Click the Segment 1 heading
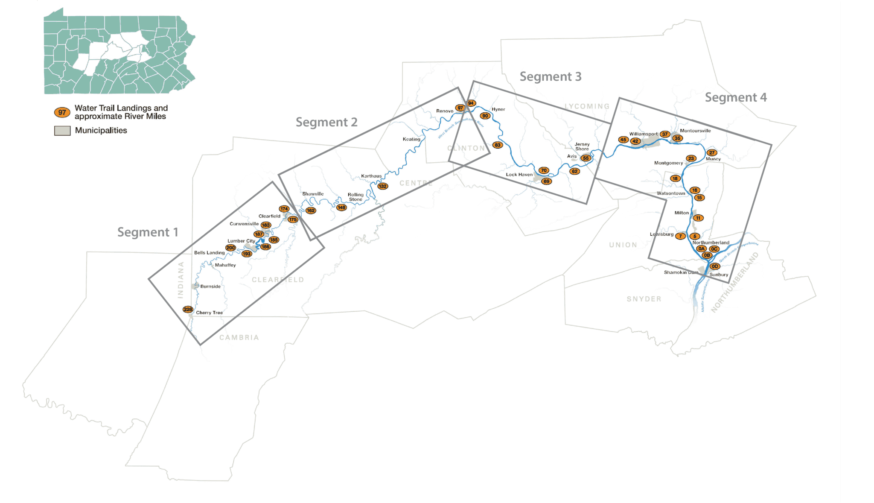[x=148, y=232]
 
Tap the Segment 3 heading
[x=551, y=77]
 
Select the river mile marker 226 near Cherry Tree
[x=188, y=310]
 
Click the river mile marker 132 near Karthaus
[x=382, y=186]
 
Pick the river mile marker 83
[x=498, y=145]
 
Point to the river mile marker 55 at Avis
[x=586, y=158]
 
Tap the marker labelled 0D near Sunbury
[x=715, y=266]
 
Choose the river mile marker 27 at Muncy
[x=712, y=152]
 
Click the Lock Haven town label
[x=519, y=175]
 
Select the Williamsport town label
[x=643, y=134]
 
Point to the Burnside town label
[x=210, y=287]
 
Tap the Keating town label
[x=411, y=139]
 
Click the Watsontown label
[x=671, y=193]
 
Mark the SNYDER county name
[x=644, y=299]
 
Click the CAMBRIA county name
[x=239, y=338]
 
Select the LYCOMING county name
[x=587, y=106]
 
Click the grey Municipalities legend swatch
[x=62, y=131]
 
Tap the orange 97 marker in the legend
[x=62, y=112]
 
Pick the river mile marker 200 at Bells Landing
[x=230, y=248]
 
